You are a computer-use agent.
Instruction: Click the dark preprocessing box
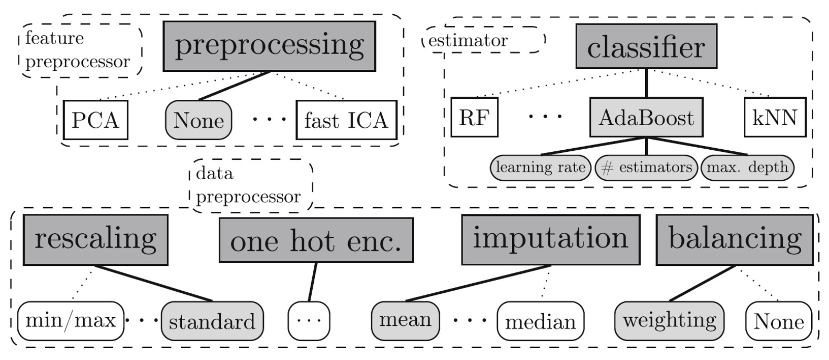pos(269,46)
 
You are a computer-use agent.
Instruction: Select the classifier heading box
pos(647,48)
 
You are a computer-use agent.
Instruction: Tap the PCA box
pos(95,120)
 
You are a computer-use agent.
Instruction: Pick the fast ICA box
pos(346,120)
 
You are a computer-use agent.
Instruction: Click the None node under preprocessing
pos(199,120)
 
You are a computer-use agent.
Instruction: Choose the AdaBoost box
pos(646,117)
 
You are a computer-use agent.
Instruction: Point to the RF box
pos(474,117)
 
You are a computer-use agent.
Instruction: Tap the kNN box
pos(775,117)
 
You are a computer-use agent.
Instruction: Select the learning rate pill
pos(540,168)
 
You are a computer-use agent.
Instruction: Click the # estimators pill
pos(646,168)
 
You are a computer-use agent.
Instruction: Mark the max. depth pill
pos(747,168)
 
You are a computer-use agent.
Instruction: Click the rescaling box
pos(95,239)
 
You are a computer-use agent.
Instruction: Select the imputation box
pos(550,239)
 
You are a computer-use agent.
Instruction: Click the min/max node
pos(70,320)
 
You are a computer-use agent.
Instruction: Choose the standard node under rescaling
pos(212,321)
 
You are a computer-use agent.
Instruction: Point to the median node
pos(540,321)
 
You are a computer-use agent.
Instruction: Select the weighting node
pos(669,320)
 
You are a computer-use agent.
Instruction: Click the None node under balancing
pos(779,321)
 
